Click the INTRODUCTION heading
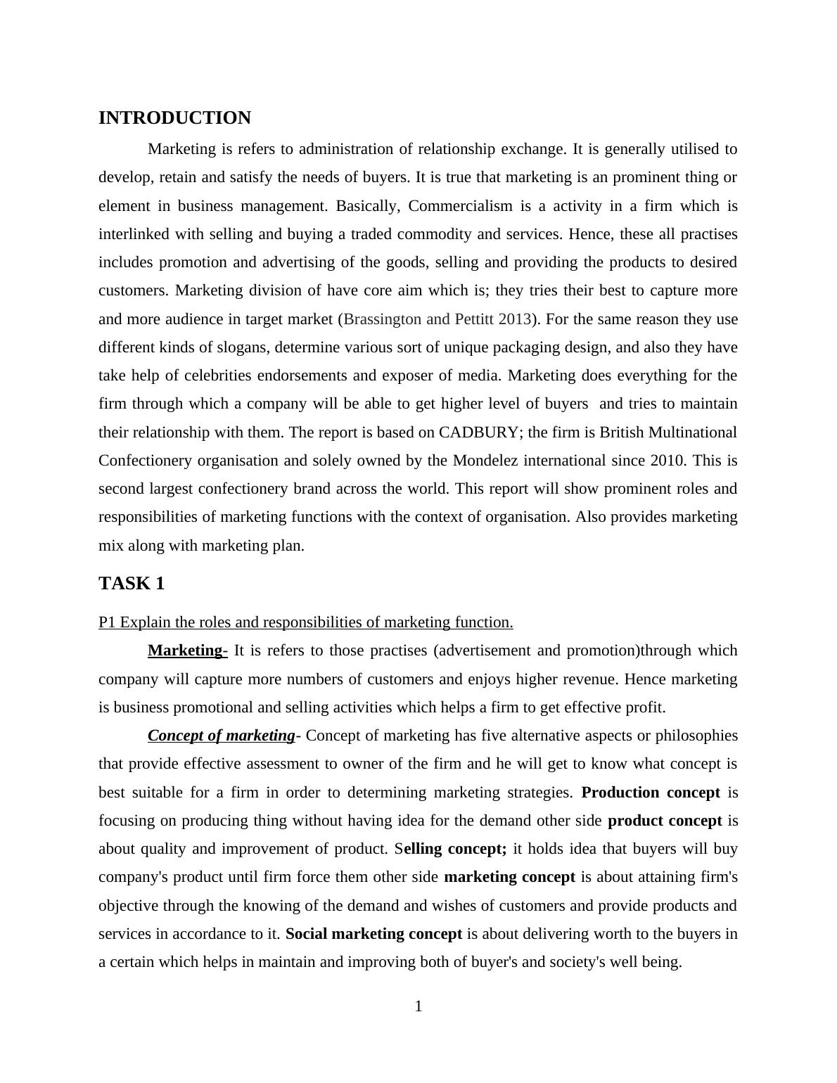tap(174, 118)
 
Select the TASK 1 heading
tap(132, 584)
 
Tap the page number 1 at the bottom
tap(419, 1006)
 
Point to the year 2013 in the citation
tap(514, 319)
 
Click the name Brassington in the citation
tap(383, 319)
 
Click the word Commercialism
tap(461, 206)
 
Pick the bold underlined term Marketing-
tap(187, 651)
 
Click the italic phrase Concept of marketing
tap(221, 736)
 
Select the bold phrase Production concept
tap(651, 793)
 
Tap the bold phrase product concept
tap(665, 821)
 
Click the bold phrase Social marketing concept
tap(373, 934)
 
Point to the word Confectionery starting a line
tap(146, 461)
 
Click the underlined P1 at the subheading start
tap(107, 622)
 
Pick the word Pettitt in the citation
tap(473, 319)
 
